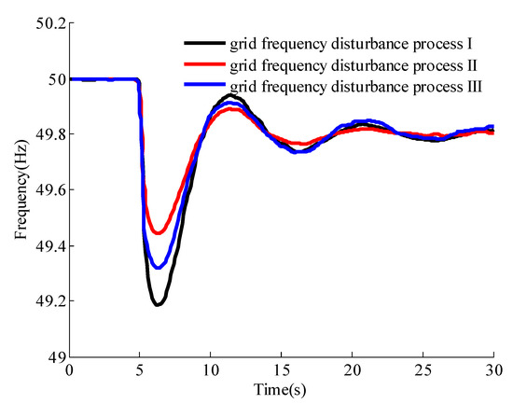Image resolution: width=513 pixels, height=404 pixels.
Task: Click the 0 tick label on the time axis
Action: [69, 371]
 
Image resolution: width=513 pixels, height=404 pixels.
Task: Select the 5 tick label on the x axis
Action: [140, 371]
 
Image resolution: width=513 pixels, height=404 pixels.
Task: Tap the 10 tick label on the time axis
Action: [211, 371]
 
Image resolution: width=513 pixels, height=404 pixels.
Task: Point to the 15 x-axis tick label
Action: [282, 371]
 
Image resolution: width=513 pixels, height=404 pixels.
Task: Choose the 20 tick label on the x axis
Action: [353, 371]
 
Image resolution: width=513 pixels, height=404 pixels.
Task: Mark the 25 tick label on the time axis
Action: [423, 371]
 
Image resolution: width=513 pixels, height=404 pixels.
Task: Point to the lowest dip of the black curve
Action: [158, 304]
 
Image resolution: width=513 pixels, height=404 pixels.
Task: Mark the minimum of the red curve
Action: [159, 233]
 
